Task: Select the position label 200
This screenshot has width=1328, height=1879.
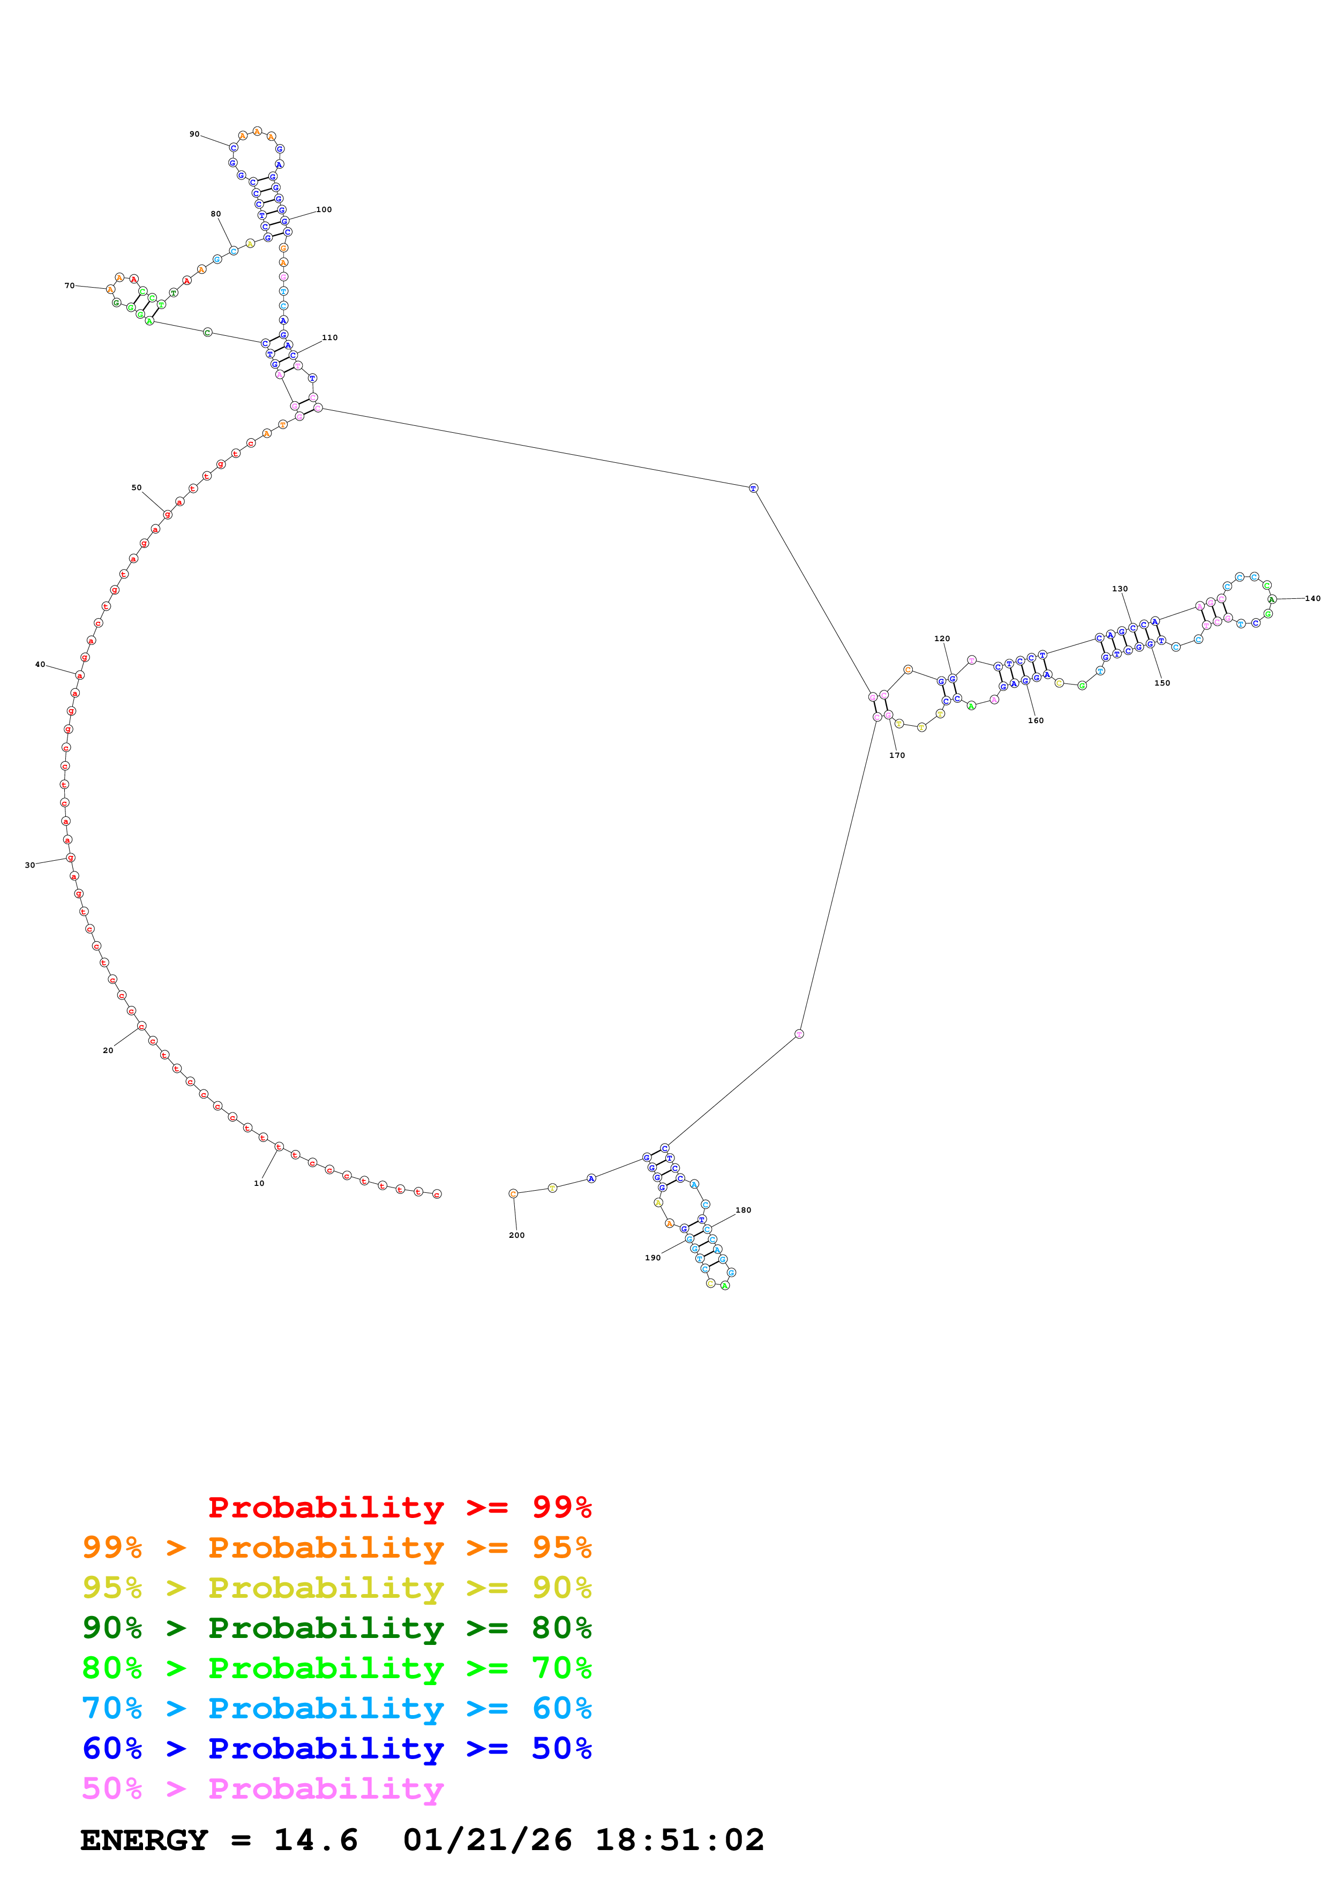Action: [x=516, y=1235]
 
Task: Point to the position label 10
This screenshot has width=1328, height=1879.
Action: [x=259, y=1183]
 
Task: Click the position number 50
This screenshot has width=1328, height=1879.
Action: [x=137, y=488]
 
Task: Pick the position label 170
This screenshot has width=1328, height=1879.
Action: [x=897, y=755]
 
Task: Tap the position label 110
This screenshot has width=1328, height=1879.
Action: [x=330, y=337]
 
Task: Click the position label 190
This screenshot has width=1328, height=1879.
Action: [x=652, y=1258]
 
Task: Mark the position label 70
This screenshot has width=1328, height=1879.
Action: [x=70, y=285]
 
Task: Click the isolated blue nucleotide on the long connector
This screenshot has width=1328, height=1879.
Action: [x=754, y=488]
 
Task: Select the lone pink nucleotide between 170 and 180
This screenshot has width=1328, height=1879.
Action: [x=799, y=1034]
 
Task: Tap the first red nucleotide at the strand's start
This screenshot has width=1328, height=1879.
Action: [x=437, y=1194]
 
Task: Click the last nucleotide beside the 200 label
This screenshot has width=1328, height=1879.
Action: [x=513, y=1193]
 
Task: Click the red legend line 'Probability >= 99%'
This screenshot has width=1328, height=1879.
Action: [x=399, y=1507]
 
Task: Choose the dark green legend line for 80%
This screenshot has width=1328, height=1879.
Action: [x=336, y=1628]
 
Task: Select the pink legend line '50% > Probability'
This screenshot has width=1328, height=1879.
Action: [x=262, y=1789]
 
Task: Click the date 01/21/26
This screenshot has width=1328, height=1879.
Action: [x=487, y=1840]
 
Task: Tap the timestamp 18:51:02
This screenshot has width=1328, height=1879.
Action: [x=679, y=1840]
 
